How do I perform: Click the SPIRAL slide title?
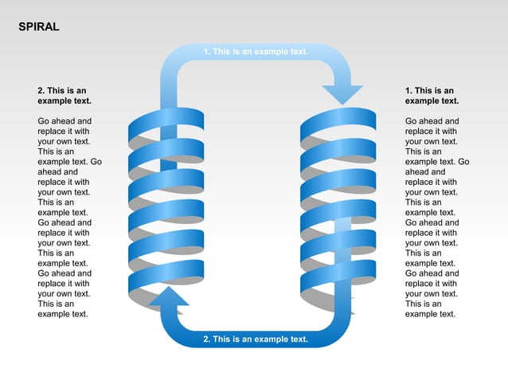[38, 27]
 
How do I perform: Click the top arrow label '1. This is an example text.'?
[255, 52]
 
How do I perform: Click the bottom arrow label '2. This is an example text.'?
[255, 339]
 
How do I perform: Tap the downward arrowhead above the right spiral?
[342, 93]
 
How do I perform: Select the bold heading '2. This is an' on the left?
[62, 91]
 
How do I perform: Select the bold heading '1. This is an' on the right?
[429, 91]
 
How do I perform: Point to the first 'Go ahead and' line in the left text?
[64, 121]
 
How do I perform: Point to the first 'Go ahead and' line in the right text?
[432, 121]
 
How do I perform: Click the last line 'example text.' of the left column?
[62, 314]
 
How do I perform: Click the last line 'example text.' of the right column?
[430, 314]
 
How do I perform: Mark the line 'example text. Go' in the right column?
[436, 162]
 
